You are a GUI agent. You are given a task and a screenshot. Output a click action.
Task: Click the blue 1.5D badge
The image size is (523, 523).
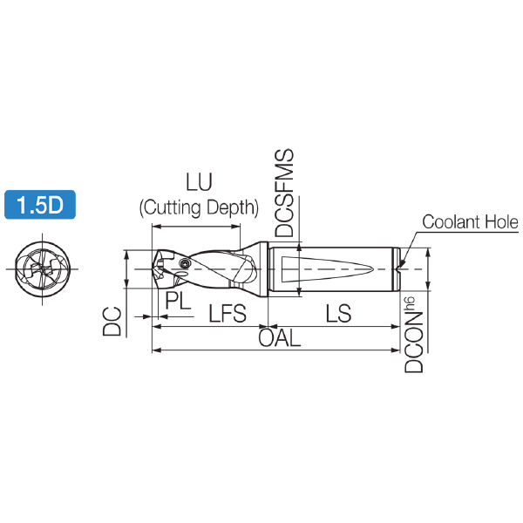coord(40,205)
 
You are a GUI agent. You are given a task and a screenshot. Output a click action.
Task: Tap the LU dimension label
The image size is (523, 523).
coord(199,182)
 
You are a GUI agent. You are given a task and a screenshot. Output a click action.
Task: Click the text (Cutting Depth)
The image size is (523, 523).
coord(199,207)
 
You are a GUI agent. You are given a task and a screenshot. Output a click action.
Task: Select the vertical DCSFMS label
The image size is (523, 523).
coord(284,193)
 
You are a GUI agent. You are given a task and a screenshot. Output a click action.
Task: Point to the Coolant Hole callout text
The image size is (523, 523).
coord(471,221)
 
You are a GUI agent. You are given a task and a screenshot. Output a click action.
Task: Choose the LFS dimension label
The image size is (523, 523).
coord(228,314)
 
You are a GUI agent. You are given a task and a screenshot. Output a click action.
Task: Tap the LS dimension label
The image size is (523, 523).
coord(338,314)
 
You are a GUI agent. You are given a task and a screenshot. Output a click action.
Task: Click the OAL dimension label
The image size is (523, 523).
coord(280,338)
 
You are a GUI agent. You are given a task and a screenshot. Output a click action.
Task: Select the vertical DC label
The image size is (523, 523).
coord(112,321)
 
